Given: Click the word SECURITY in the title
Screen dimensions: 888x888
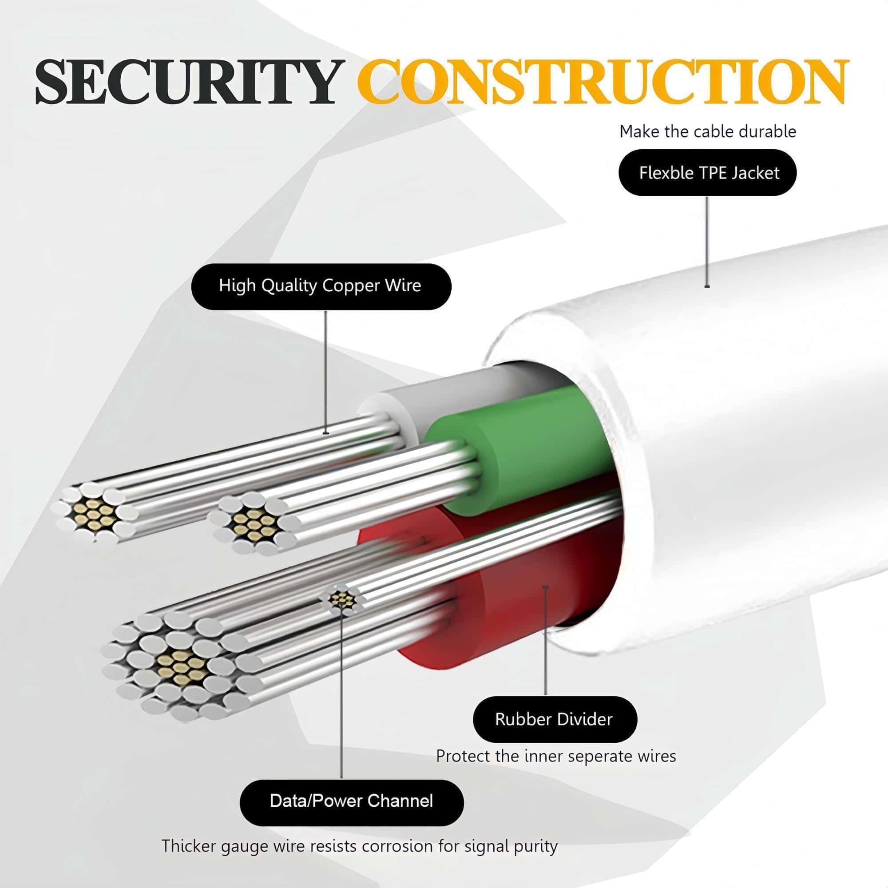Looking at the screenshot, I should click(x=186, y=82).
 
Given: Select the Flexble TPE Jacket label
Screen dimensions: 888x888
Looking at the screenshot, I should click(x=708, y=173).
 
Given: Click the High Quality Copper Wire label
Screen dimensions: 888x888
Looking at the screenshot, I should click(x=321, y=286).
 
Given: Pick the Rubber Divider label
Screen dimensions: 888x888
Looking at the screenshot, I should click(x=554, y=719).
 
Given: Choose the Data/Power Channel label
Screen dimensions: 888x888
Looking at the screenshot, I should click(x=352, y=801).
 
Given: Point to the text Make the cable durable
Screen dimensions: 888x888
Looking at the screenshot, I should click(x=707, y=132).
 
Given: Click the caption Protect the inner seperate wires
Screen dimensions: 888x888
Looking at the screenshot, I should click(x=556, y=756).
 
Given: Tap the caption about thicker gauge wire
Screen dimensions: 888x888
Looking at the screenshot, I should click(x=360, y=846).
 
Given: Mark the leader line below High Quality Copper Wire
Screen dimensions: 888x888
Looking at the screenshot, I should click(x=326, y=373).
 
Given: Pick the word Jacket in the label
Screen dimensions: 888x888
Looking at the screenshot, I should click(x=756, y=173).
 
